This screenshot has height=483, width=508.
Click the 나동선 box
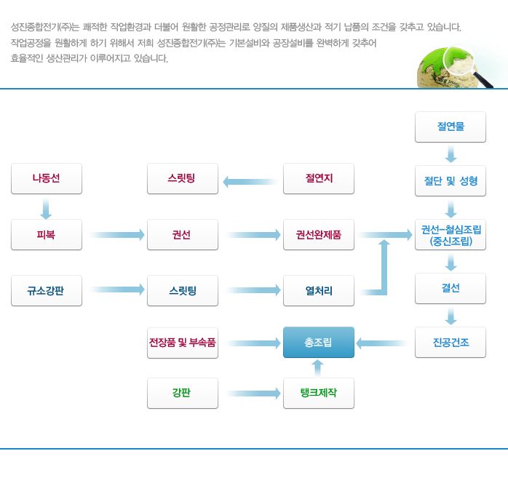click(x=47, y=179)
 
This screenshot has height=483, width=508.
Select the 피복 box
click(x=47, y=235)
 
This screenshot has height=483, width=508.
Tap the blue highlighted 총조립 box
click(x=319, y=342)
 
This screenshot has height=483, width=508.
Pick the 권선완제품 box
click(x=319, y=235)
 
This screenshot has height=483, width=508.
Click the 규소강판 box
click(x=47, y=291)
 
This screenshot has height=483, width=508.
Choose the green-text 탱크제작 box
click(x=319, y=393)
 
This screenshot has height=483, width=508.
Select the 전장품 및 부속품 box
click(x=183, y=343)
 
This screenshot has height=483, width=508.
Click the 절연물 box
click(x=451, y=127)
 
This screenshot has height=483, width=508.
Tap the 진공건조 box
click(x=451, y=342)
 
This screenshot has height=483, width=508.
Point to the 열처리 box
click(x=319, y=291)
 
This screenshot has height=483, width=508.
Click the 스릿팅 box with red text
click(x=183, y=179)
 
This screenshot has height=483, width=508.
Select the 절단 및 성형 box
click(x=451, y=181)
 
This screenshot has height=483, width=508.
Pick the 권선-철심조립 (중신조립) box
click(x=451, y=235)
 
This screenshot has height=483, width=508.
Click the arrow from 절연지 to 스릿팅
click(x=250, y=182)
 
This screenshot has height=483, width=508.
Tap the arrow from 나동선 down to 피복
click(x=46, y=209)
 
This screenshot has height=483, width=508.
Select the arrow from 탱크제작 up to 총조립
click(x=317, y=368)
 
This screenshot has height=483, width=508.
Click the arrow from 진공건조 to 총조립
click(x=382, y=343)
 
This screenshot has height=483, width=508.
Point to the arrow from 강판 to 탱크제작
click(x=253, y=394)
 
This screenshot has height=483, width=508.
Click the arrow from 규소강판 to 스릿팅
click(x=117, y=290)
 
